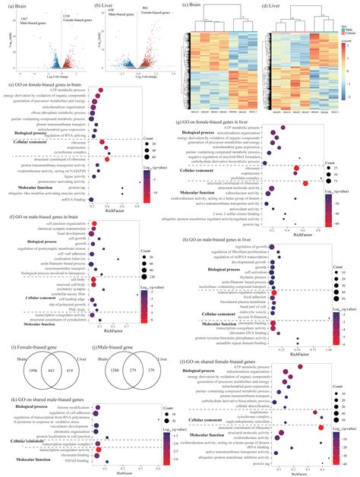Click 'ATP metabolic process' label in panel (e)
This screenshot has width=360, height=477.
74,90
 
